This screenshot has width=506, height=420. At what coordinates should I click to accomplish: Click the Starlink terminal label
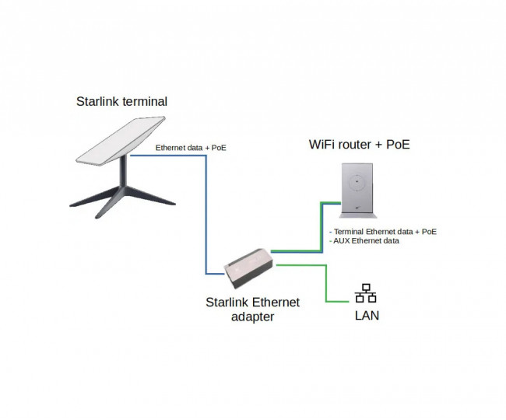tap(121, 102)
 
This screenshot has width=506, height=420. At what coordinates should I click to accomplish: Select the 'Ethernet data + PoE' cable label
tap(191, 148)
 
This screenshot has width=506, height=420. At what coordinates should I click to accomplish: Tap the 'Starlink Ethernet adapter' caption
tap(251, 309)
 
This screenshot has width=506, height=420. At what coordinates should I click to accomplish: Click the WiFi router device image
tap(355, 190)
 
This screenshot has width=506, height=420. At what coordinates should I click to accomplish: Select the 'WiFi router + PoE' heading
tap(359, 145)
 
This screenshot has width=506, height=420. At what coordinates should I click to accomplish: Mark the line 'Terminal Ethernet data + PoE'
tap(382, 232)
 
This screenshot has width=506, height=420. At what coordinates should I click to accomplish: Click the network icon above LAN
tap(366, 293)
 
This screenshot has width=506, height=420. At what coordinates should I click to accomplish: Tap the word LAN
tap(367, 316)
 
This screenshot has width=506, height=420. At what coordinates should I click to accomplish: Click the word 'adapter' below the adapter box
tap(251, 317)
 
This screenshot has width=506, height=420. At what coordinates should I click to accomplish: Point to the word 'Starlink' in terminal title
tap(99, 102)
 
